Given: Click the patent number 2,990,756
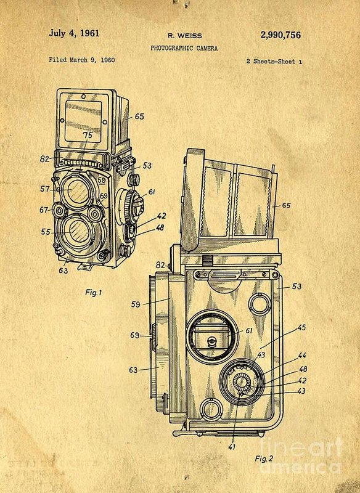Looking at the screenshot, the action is [280, 35].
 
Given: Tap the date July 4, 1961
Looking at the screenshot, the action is [74, 33].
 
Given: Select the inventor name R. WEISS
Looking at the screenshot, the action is [185, 36].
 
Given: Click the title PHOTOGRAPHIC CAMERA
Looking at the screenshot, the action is [184, 48].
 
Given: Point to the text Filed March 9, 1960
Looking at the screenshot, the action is [82, 60].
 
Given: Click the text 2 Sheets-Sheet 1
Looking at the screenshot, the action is [274, 61].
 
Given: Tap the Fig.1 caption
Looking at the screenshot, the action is [93, 293].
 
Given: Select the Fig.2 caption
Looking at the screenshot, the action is [264, 458].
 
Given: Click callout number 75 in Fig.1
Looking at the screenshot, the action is [87, 135].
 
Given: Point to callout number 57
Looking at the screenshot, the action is [44, 189].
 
